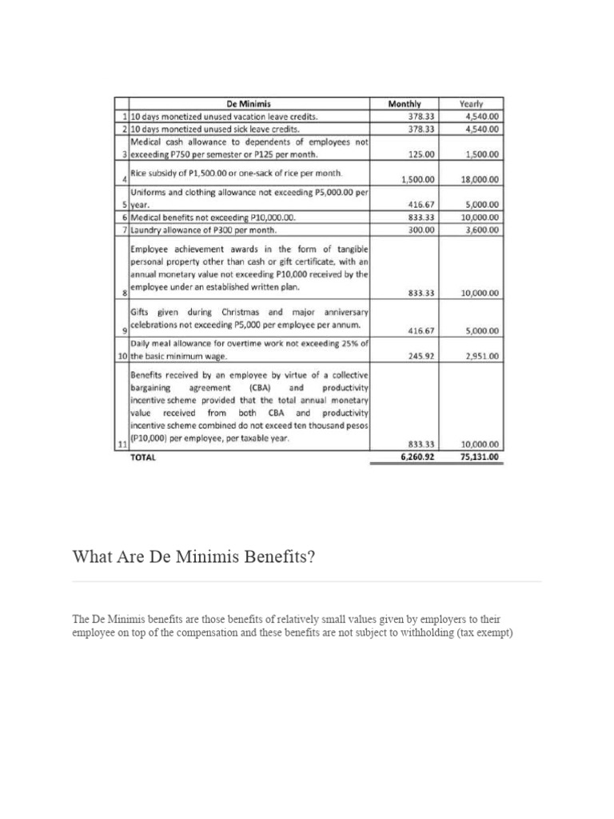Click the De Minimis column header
click(x=249, y=103)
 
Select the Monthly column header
click(x=404, y=103)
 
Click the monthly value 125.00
click(x=421, y=154)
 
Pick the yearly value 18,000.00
click(x=480, y=180)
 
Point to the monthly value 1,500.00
click(x=418, y=180)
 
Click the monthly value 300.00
click(x=421, y=230)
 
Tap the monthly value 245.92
click(x=421, y=356)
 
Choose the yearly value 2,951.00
click(x=483, y=356)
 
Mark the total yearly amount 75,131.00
click(x=480, y=457)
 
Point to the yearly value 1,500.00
click(x=483, y=154)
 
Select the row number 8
click(x=124, y=294)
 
